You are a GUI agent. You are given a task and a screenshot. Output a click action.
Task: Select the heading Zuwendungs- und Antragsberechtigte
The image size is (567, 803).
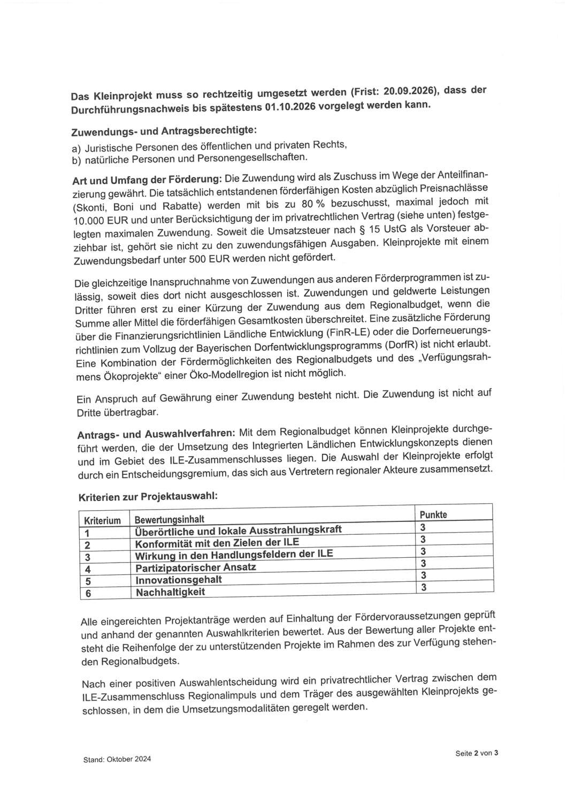click(164, 131)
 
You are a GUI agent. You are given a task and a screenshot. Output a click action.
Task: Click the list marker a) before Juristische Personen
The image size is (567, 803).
click(76, 148)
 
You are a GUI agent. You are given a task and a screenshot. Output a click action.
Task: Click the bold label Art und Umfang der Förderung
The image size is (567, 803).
click(147, 179)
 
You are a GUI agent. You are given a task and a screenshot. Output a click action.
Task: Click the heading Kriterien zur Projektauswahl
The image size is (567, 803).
click(148, 496)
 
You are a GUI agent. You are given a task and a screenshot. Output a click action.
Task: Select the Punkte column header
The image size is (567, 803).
click(433, 514)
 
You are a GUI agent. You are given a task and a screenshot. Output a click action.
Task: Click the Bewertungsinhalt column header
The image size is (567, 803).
click(169, 519)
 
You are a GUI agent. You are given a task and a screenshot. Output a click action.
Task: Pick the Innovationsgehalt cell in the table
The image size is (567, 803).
click(179, 580)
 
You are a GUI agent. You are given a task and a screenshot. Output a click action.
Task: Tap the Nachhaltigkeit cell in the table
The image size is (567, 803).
click(170, 592)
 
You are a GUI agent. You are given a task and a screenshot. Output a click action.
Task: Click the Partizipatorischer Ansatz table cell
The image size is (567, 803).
click(195, 567)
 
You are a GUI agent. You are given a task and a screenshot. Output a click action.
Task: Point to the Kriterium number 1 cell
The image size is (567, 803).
click(87, 533)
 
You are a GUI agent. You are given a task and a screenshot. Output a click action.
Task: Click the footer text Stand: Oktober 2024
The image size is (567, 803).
click(117, 759)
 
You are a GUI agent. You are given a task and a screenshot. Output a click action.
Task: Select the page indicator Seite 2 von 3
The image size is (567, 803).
click(477, 753)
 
